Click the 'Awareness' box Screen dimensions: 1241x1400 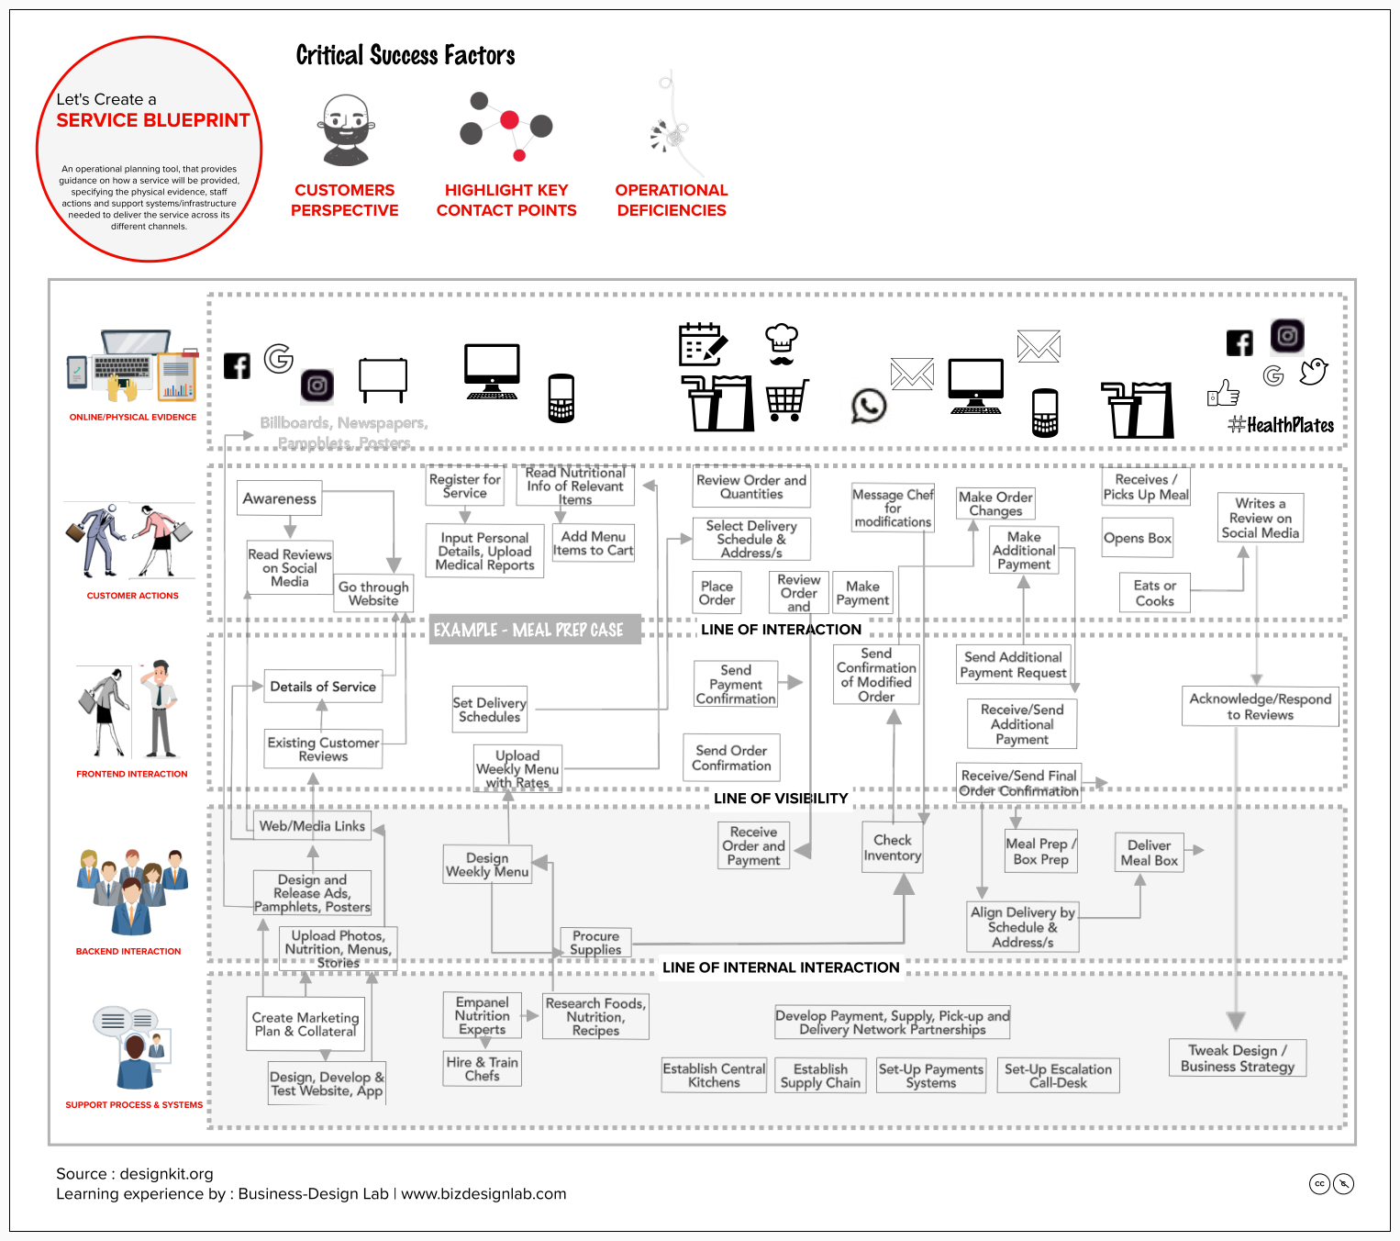coord(280,498)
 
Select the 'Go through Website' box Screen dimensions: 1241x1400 coord(373,594)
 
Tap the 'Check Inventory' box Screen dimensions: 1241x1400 coord(893,847)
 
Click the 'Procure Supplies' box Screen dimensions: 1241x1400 coord(595,943)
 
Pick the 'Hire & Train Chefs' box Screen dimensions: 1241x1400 coord(482,1068)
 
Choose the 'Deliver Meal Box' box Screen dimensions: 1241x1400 coord(1149,853)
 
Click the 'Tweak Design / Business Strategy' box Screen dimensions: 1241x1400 coord(1238,1058)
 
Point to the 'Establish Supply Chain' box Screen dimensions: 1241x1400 coord(820,1076)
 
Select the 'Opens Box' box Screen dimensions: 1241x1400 coord(1138,538)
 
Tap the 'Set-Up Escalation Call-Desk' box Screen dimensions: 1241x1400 coord(1058,1076)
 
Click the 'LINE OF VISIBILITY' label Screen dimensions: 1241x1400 coord(781,799)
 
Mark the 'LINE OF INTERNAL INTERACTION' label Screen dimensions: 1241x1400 coord(781,967)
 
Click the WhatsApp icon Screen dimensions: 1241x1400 coord(869,406)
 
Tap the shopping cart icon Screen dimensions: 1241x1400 coord(787,400)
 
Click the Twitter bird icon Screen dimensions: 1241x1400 coord(1314,371)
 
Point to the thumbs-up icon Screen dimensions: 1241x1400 coord(1223,393)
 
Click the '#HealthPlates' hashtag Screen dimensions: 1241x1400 coord(1282,425)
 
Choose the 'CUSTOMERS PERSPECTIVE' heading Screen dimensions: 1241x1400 coord(345,200)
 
